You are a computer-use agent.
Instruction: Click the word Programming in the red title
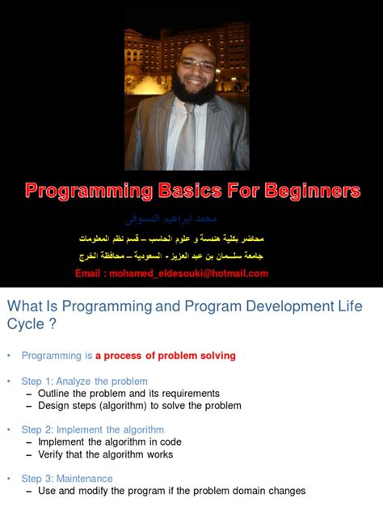(88, 191)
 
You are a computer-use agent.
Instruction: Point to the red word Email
(90, 273)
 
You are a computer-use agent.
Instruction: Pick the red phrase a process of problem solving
(165, 355)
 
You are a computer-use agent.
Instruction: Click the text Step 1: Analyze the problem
(85, 381)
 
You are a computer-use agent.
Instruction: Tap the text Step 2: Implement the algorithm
(93, 429)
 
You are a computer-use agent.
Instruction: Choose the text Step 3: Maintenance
(69, 478)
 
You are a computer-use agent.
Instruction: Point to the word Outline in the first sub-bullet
(55, 393)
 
